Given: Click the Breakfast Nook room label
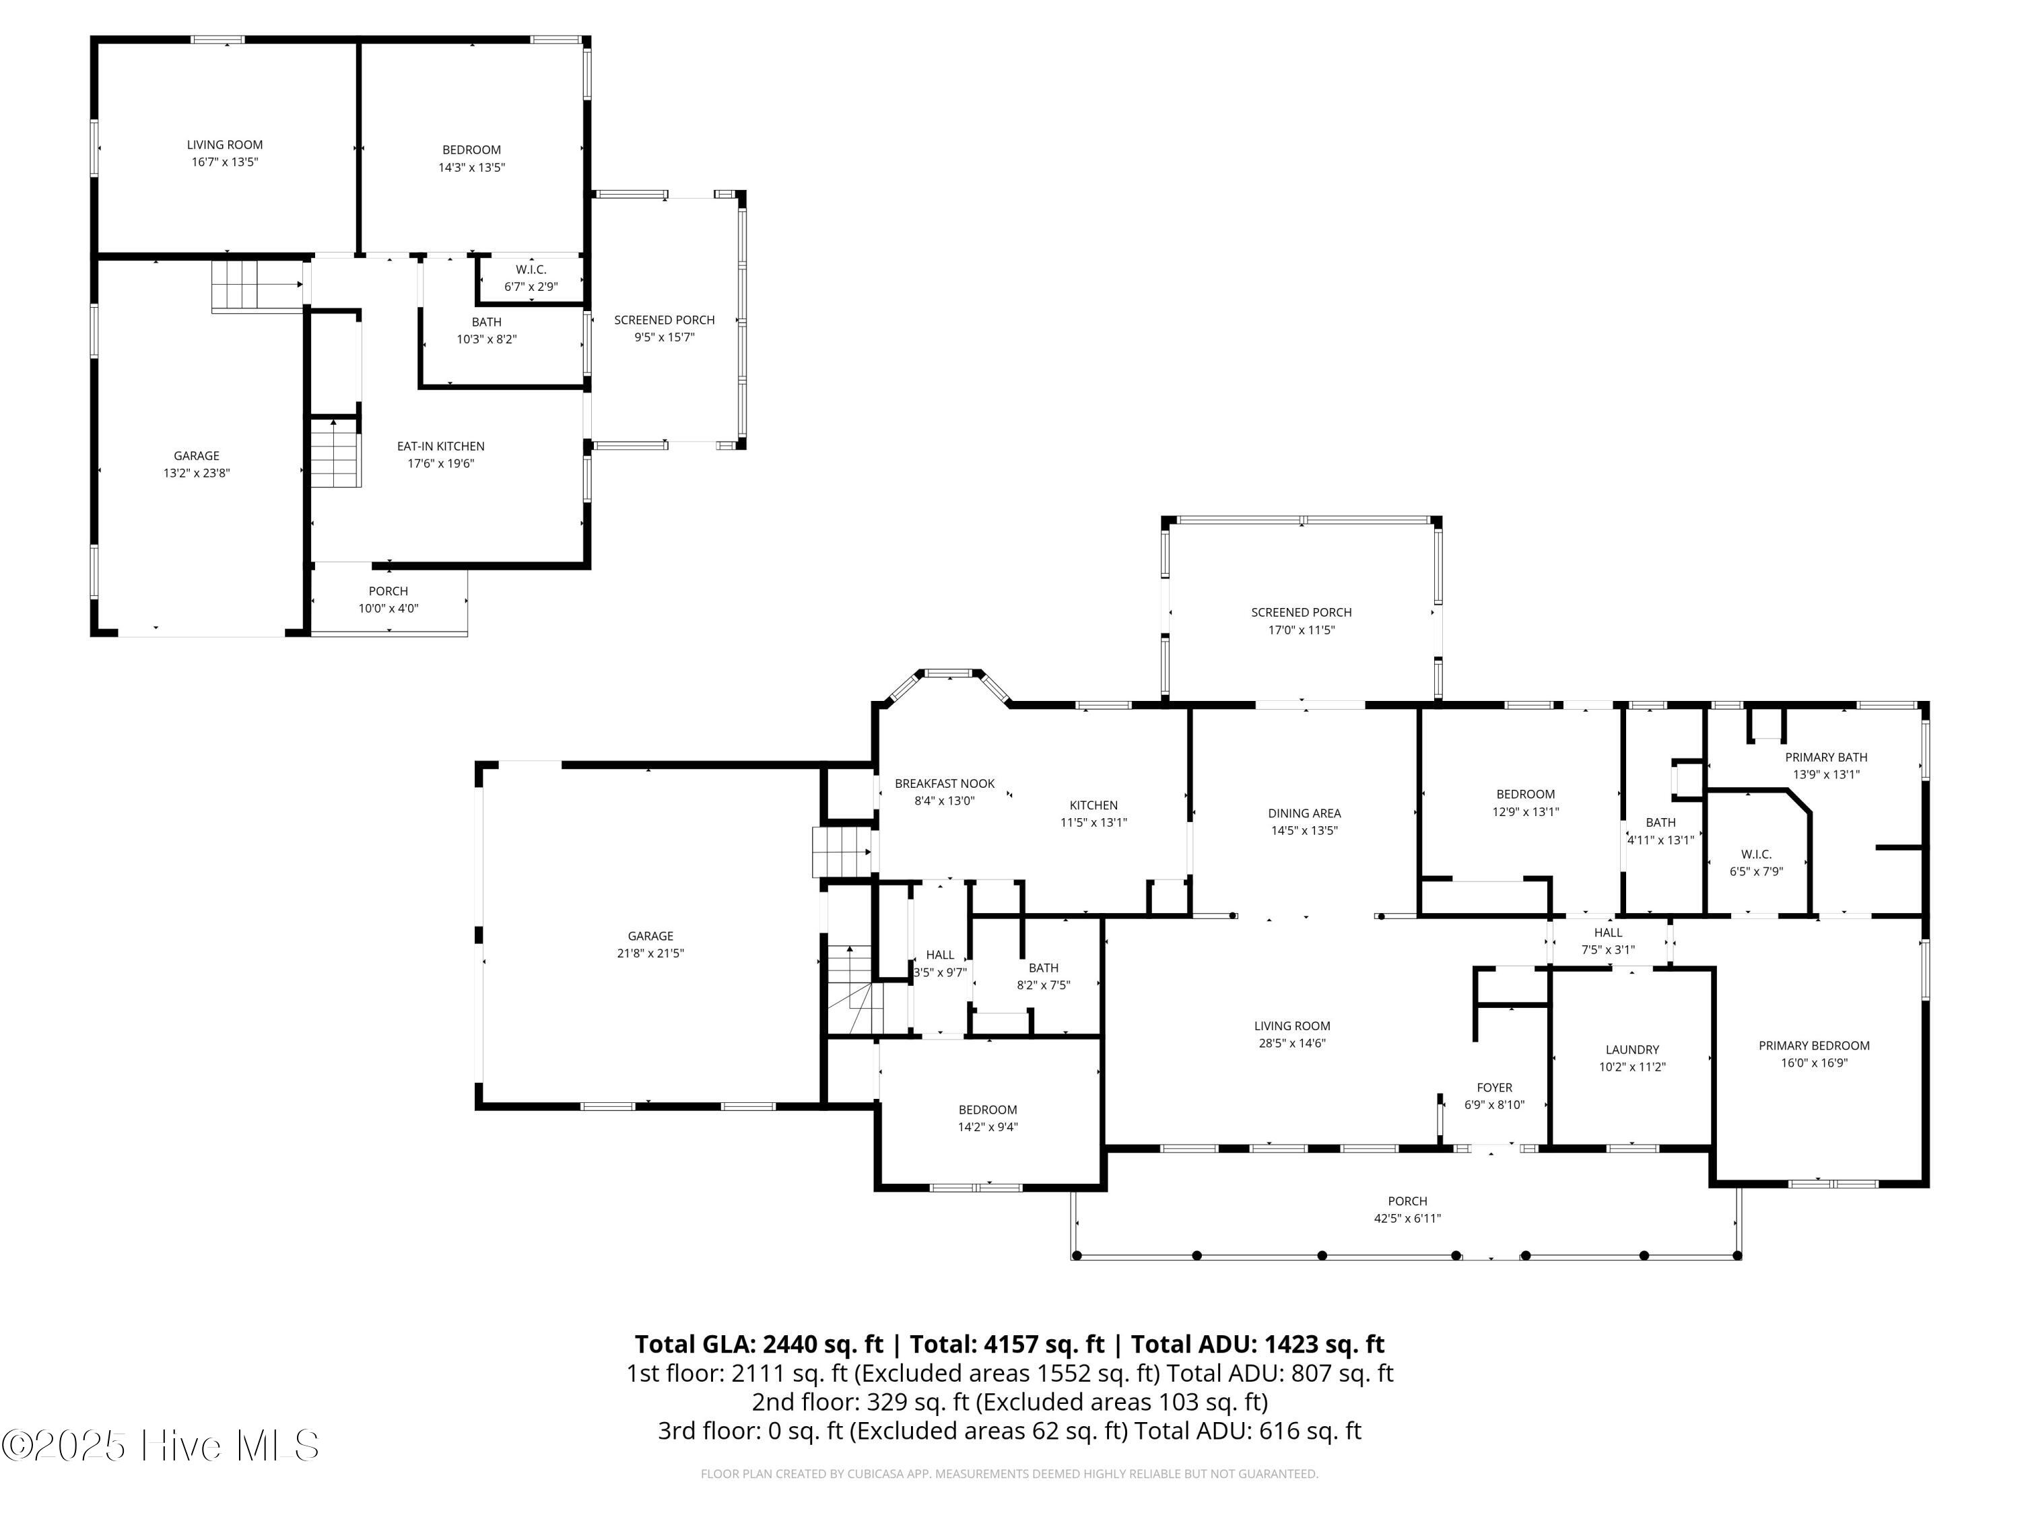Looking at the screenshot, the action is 944,784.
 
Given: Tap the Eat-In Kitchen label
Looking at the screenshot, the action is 440,446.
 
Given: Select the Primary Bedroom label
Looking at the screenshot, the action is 1813,1046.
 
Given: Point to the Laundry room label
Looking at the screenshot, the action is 1632,1050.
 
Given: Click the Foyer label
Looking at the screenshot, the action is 1494,1087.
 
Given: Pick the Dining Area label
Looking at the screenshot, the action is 1304,813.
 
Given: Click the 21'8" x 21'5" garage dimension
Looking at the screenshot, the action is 650,953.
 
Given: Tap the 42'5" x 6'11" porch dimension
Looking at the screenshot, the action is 1407,1218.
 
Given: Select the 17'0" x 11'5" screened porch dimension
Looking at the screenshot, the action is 1302,630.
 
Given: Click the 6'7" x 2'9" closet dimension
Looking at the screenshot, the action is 531,287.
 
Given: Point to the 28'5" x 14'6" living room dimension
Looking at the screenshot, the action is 1291,1043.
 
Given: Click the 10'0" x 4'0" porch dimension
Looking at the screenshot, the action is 388,608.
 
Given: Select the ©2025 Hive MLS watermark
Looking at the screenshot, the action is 161,1446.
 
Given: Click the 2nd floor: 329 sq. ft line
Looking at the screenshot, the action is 1010,1402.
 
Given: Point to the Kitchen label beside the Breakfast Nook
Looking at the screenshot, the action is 1093,805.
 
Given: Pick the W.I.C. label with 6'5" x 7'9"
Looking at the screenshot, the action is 1756,854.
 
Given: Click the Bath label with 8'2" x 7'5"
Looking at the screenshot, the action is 1043,968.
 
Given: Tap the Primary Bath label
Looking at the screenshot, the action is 1826,757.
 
